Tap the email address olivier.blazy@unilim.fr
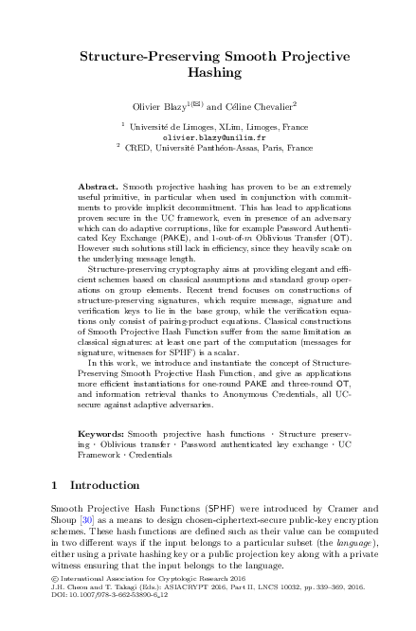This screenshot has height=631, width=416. pos(214,163)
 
